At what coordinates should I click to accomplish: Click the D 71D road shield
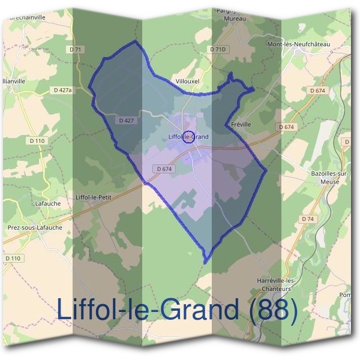coord(218,49)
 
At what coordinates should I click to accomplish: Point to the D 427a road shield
coord(62,90)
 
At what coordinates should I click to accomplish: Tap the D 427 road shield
coord(127,120)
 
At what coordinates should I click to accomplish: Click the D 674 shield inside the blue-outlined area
coord(164,169)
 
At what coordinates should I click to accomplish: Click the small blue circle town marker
coord(188,136)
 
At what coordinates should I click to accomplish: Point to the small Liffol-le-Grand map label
coord(188,137)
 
